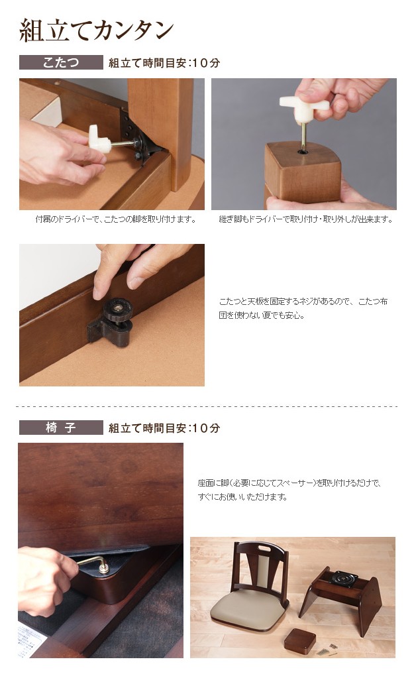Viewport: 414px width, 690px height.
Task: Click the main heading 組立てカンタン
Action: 96,30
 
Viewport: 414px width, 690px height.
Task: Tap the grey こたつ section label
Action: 61,62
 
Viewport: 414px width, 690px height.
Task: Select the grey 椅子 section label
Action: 61,428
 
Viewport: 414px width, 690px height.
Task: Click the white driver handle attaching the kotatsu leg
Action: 99,139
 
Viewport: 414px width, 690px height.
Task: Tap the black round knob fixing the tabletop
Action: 117,310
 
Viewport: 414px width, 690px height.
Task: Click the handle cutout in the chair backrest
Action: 264,549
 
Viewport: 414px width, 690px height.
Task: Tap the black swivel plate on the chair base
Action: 343,577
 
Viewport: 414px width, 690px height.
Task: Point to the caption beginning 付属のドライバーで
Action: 116,219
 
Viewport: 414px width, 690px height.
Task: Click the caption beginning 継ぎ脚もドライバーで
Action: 306,219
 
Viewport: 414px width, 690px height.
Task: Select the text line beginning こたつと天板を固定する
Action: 303,302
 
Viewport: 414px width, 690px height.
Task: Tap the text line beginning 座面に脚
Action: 289,483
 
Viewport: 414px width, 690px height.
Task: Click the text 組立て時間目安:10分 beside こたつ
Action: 164,63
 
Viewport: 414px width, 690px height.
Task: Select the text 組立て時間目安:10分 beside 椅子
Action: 164,428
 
